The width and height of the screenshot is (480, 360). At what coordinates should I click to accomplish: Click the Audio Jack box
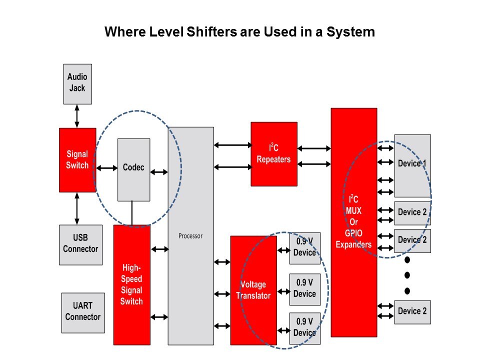77,83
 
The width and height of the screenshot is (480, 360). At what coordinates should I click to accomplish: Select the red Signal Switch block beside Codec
77,160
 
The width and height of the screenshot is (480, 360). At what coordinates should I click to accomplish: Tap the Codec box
133,169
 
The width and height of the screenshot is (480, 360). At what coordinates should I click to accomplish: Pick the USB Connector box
80,244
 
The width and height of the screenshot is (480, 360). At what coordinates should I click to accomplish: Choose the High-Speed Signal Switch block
131,285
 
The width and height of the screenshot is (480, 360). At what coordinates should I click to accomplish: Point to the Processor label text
190,236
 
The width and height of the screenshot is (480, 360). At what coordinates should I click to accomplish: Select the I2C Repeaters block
273,154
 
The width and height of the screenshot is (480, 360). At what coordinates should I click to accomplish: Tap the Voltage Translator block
253,290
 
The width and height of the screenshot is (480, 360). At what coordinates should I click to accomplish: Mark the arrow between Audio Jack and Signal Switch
77,116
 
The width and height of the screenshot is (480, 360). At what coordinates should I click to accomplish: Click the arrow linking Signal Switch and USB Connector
77,208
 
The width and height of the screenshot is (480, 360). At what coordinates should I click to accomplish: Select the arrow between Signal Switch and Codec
106,168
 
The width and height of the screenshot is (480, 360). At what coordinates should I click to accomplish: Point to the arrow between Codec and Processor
159,172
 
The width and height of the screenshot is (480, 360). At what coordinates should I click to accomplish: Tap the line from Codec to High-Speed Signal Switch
132,213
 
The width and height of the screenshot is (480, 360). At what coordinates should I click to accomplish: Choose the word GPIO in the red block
353,233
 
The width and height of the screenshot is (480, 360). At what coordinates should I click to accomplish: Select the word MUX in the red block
353,210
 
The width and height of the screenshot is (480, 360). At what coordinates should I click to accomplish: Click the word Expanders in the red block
353,244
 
